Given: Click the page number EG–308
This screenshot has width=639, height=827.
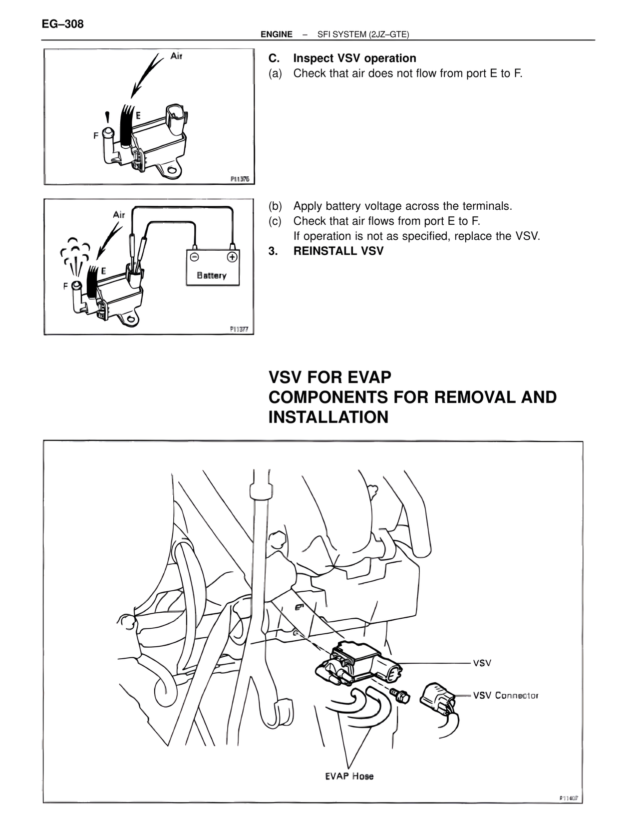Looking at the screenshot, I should click(x=62, y=23).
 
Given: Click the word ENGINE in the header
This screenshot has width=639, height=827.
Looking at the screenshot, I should click(x=276, y=34).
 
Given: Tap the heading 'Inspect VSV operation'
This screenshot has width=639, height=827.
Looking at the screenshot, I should click(x=354, y=58).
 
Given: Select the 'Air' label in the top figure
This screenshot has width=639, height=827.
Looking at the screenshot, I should click(x=176, y=56).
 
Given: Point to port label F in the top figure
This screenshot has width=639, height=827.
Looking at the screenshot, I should click(x=95, y=135).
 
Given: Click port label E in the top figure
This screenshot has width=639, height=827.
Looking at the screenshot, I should click(x=138, y=115).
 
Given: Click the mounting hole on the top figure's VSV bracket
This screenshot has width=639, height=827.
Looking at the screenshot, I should click(x=172, y=170).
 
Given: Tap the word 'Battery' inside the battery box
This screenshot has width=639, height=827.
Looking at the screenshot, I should click(x=212, y=275).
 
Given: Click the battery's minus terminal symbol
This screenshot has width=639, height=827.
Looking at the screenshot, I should click(x=195, y=257).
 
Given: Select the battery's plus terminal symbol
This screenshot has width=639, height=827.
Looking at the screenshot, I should click(x=232, y=257).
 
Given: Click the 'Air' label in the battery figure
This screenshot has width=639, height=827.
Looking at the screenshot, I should click(x=119, y=215).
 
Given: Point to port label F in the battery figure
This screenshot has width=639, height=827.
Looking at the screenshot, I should click(x=65, y=286).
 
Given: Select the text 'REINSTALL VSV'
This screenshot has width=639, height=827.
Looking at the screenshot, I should click(x=338, y=251).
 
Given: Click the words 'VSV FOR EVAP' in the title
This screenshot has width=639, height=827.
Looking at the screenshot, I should click(x=329, y=377).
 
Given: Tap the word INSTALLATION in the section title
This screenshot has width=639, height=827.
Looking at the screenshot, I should click(x=328, y=417).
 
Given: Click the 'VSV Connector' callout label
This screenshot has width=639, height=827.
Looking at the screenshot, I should click(x=505, y=695).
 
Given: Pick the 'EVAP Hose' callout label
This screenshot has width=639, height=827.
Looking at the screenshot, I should click(x=349, y=776).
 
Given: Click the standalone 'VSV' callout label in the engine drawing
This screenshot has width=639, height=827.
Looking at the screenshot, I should click(x=482, y=663).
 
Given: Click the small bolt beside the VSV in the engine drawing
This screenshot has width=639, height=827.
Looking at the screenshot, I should click(x=401, y=695).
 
